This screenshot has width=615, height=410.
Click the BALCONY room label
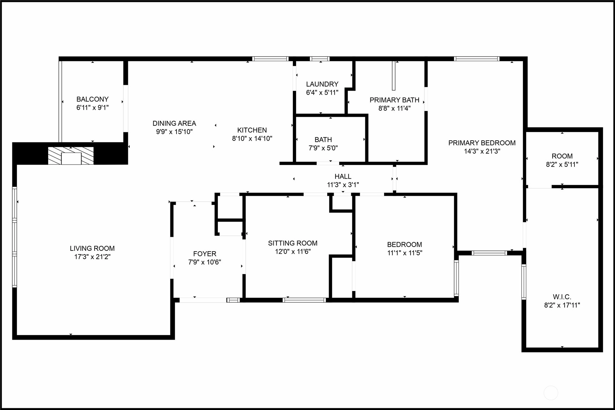[92, 99]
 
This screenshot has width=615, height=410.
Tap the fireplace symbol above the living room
[71, 156]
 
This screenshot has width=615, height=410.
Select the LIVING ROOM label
[92, 248]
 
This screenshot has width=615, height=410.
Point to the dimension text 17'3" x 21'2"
[92, 257]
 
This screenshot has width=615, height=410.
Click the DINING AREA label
[174, 123]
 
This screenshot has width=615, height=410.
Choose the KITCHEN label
[252, 130]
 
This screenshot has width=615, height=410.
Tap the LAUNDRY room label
[322, 84]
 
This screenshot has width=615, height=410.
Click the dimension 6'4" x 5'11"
[322, 92]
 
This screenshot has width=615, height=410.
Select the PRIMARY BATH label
[395, 100]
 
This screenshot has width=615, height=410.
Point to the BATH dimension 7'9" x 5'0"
[323, 148]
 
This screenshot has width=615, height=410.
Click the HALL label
[343, 176]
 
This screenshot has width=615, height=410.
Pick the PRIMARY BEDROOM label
[482, 143]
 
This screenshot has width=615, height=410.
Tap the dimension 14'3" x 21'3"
[482, 151]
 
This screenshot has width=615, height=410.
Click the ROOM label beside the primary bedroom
[562, 156]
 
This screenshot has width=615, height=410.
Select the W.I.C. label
[562, 297]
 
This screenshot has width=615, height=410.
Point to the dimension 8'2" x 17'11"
[562, 305]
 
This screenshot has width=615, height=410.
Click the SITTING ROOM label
[293, 243]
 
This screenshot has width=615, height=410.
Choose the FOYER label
[204, 254]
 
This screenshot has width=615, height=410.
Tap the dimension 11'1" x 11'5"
[405, 253]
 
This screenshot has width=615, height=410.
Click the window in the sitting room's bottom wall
[304, 300]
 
